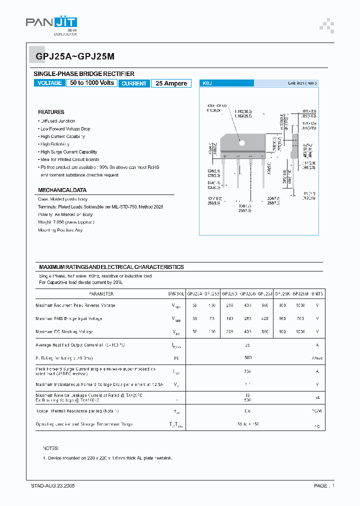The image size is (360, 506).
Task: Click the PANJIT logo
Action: click(51, 23)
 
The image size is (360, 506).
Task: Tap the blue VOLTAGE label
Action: click(50, 83)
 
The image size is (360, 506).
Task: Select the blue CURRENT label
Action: click(134, 83)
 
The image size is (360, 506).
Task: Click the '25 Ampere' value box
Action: click(171, 83)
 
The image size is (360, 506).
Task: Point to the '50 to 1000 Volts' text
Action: click(92, 83)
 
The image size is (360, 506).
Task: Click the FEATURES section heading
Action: click(51, 112)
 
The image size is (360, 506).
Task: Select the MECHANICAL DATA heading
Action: click(62, 190)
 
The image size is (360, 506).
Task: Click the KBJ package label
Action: click(206, 83)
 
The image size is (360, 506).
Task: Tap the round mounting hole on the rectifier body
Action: click(242, 143)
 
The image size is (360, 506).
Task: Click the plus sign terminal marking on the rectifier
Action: click(225, 156)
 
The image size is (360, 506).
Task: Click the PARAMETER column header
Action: click(101, 294)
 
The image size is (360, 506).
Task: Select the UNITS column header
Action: click(317, 294)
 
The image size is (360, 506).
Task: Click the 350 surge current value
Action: click(247, 371)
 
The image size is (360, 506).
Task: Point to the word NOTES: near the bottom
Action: click(51, 448)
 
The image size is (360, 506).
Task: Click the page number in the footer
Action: click(324, 485)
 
